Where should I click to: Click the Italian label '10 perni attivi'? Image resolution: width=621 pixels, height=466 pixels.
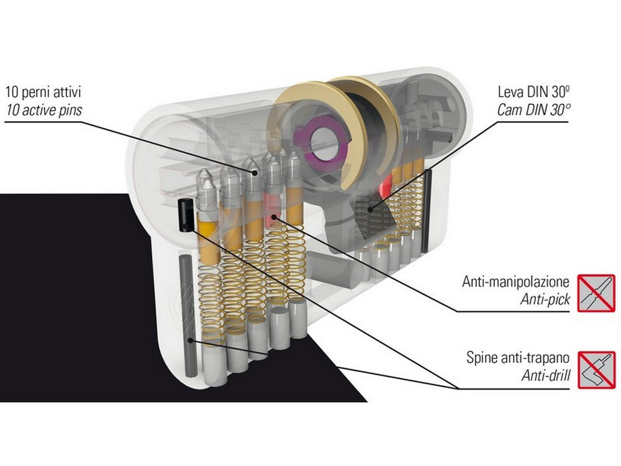point(43,94)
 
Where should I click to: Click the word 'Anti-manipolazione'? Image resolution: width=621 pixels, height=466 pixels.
point(515,282)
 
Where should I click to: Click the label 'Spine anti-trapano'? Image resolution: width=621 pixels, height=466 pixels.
point(518,359)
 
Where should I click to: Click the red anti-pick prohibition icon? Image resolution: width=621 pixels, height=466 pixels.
point(597,293)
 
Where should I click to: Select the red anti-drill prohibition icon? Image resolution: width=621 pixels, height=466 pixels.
point(597,370)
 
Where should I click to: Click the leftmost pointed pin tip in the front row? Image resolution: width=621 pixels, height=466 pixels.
point(205,176)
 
